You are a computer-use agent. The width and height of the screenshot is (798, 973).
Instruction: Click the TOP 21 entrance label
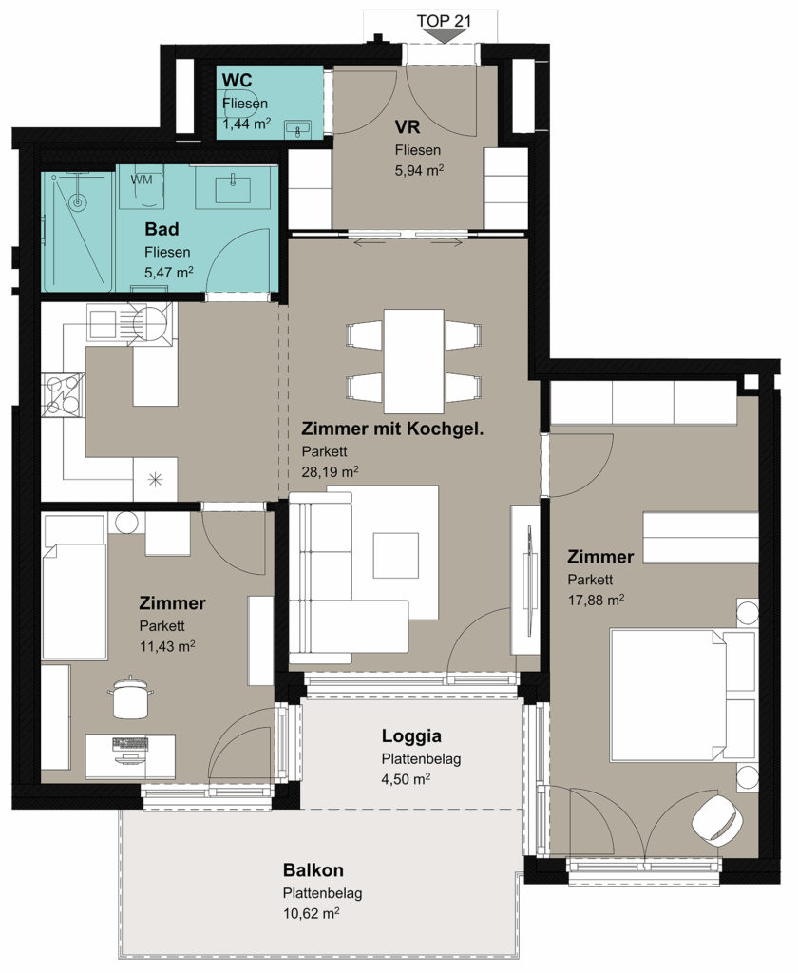(x=444, y=21)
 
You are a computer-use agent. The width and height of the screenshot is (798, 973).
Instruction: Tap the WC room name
(x=237, y=80)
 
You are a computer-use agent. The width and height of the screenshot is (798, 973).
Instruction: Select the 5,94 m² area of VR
(x=420, y=170)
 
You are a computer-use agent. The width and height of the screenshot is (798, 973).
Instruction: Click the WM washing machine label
(x=142, y=180)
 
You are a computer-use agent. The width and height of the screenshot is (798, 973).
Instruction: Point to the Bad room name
(x=161, y=229)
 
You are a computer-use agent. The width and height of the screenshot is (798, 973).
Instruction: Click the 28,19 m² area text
(x=330, y=471)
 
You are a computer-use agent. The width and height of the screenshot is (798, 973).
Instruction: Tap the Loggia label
(x=411, y=736)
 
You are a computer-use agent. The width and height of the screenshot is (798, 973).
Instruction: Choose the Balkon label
(x=313, y=870)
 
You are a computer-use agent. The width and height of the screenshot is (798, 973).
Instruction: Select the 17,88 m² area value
(x=596, y=601)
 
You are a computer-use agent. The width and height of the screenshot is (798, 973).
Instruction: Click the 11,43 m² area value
(x=167, y=646)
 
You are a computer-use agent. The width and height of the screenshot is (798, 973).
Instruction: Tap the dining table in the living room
(x=413, y=361)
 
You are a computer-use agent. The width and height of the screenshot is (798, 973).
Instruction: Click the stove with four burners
(x=63, y=394)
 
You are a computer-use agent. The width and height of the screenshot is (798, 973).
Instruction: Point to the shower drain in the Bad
(x=77, y=201)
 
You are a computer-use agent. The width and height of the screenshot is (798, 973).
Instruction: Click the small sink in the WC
(x=298, y=130)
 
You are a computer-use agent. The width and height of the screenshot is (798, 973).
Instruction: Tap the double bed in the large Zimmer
(x=684, y=695)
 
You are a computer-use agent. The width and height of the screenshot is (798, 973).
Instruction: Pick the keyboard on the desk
(x=130, y=742)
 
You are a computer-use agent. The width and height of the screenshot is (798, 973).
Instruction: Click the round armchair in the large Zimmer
(x=717, y=819)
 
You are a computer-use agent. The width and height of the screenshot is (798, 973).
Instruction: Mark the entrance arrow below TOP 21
(x=444, y=36)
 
